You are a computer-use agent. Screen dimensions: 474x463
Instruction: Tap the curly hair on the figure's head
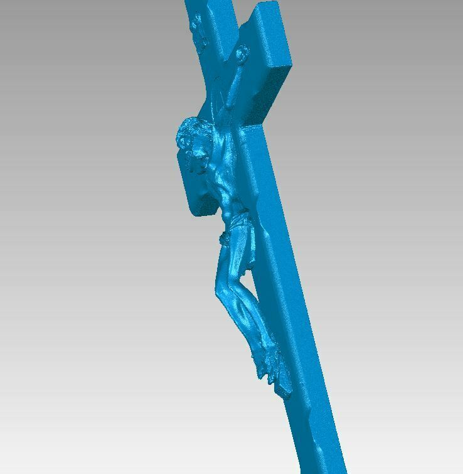186,132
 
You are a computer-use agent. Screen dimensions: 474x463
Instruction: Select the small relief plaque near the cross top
197,28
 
